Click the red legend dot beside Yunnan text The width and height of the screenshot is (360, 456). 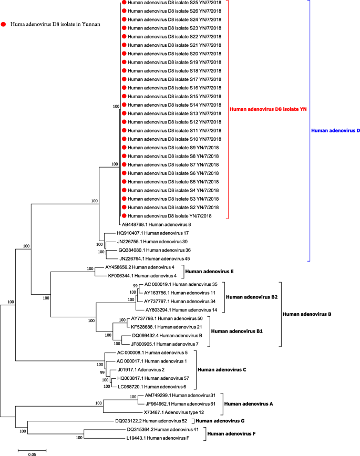5,24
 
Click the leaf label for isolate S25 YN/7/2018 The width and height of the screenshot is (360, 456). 174,3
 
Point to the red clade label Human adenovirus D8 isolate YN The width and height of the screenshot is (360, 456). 268,109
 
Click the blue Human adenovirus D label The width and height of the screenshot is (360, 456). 335,131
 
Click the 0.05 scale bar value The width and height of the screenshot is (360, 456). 33,453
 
